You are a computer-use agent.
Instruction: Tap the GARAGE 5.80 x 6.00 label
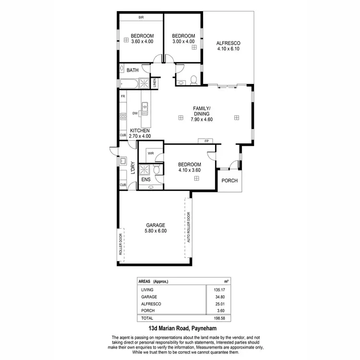point(155,228)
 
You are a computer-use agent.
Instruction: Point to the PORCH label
point(229,181)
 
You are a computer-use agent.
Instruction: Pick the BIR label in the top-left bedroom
point(141,18)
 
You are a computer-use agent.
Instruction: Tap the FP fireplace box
point(206,141)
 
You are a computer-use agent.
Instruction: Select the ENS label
point(146,180)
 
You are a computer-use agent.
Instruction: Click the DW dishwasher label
point(135,114)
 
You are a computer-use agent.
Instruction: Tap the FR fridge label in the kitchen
point(123,96)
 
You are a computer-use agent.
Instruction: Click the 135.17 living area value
point(214,290)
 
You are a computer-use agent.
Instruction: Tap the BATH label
point(132,70)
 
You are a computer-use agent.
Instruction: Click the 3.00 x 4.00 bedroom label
point(183,42)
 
